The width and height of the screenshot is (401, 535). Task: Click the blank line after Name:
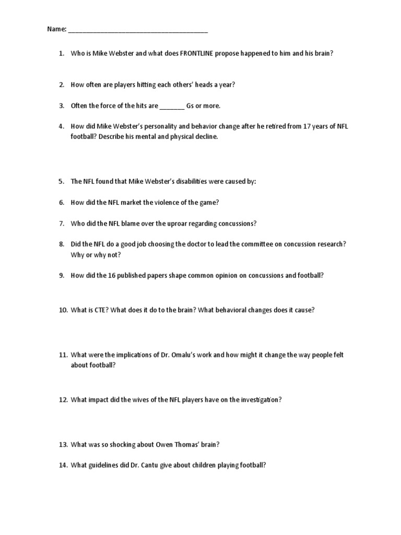(138, 30)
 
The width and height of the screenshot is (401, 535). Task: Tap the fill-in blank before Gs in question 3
(172, 106)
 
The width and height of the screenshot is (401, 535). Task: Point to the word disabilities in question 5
(202, 181)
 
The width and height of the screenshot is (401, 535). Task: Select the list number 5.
(62, 181)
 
